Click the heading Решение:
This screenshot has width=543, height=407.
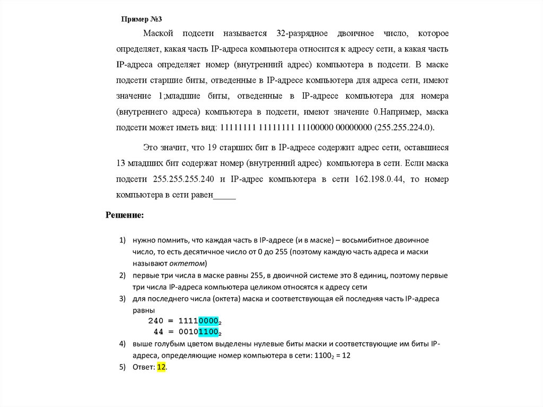(125, 215)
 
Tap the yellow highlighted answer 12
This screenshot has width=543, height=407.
(162, 367)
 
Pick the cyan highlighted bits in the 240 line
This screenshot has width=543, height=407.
(209, 321)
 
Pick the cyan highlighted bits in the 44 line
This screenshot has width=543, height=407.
(209, 332)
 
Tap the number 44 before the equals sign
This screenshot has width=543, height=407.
(159, 332)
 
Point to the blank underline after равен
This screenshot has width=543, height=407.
(224, 195)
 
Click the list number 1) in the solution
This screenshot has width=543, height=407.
(122, 240)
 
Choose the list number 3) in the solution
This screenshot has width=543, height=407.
(122, 299)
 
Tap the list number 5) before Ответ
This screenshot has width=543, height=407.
(122, 367)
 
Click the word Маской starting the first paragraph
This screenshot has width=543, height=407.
(159, 34)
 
